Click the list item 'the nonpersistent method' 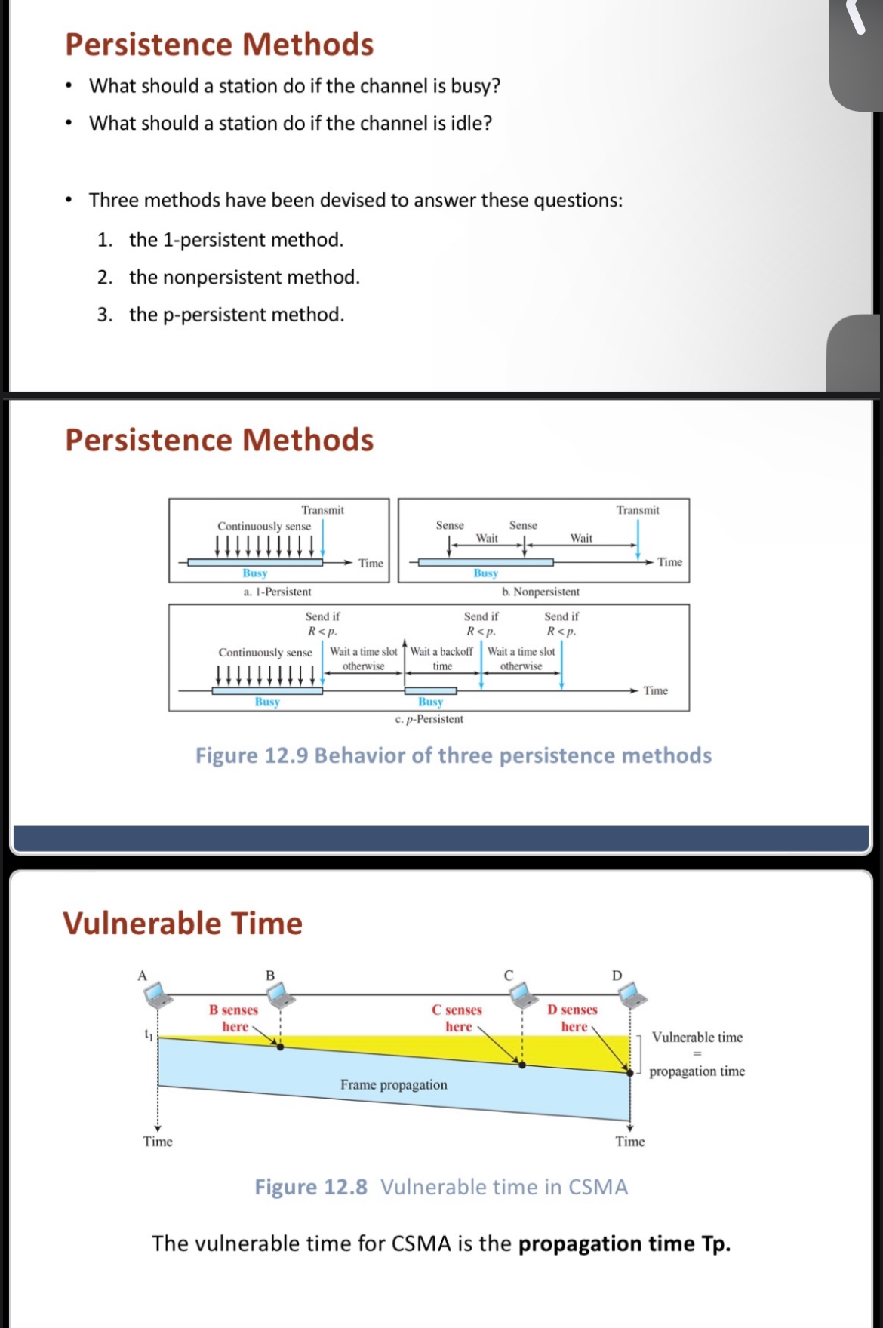coord(244,278)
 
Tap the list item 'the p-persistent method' coord(236,315)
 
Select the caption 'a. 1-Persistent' coord(277,592)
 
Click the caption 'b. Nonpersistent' coord(540,592)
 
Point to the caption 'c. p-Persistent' coord(429,719)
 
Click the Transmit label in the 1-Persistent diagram coord(322,511)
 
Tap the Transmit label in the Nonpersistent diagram coord(638,511)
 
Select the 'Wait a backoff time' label coord(442,658)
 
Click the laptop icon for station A coord(159,995)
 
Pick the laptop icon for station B coord(281,994)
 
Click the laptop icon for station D coord(632,995)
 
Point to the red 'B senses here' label coord(234,1018)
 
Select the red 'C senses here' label coord(457,1018)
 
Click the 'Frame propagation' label coord(393,1085)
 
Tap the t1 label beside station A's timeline coord(149,1035)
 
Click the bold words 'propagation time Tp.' coord(624,1243)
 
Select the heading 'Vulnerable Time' coord(183,924)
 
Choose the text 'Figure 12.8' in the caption coord(311,1187)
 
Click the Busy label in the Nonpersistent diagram coord(486,573)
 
